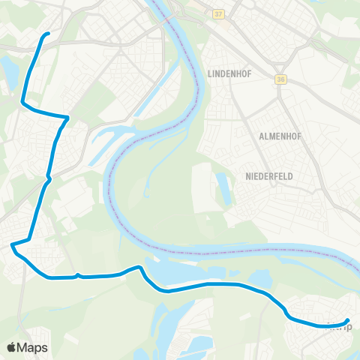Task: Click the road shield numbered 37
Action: (x=218, y=14)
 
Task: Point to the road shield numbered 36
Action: (x=281, y=79)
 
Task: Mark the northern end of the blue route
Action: (x=48, y=34)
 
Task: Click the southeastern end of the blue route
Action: (x=348, y=322)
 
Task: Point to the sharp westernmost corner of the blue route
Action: (x=12, y=244)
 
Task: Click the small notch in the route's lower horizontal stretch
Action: (x=78, y=274)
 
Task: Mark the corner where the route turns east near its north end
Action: (x=22, y=103)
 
